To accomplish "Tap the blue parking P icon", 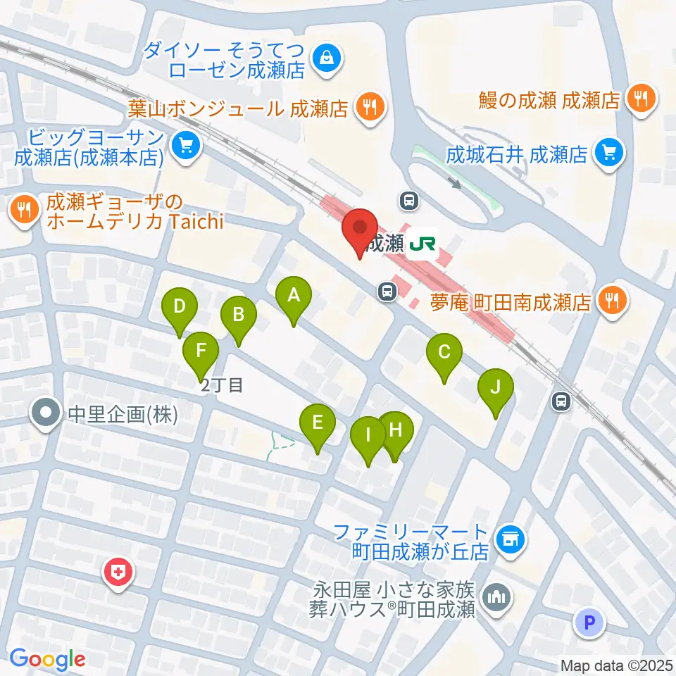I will [x=590, y=622].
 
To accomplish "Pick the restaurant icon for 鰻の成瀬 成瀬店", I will [x=640, y=98].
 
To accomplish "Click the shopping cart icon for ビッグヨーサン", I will [x=186, y=146].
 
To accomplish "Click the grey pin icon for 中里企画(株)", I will [x=46, y=413].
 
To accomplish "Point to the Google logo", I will [x=47, y=659].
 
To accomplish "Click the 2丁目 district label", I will [x=222, y=385].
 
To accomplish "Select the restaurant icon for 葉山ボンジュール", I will [x=368, y=108].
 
